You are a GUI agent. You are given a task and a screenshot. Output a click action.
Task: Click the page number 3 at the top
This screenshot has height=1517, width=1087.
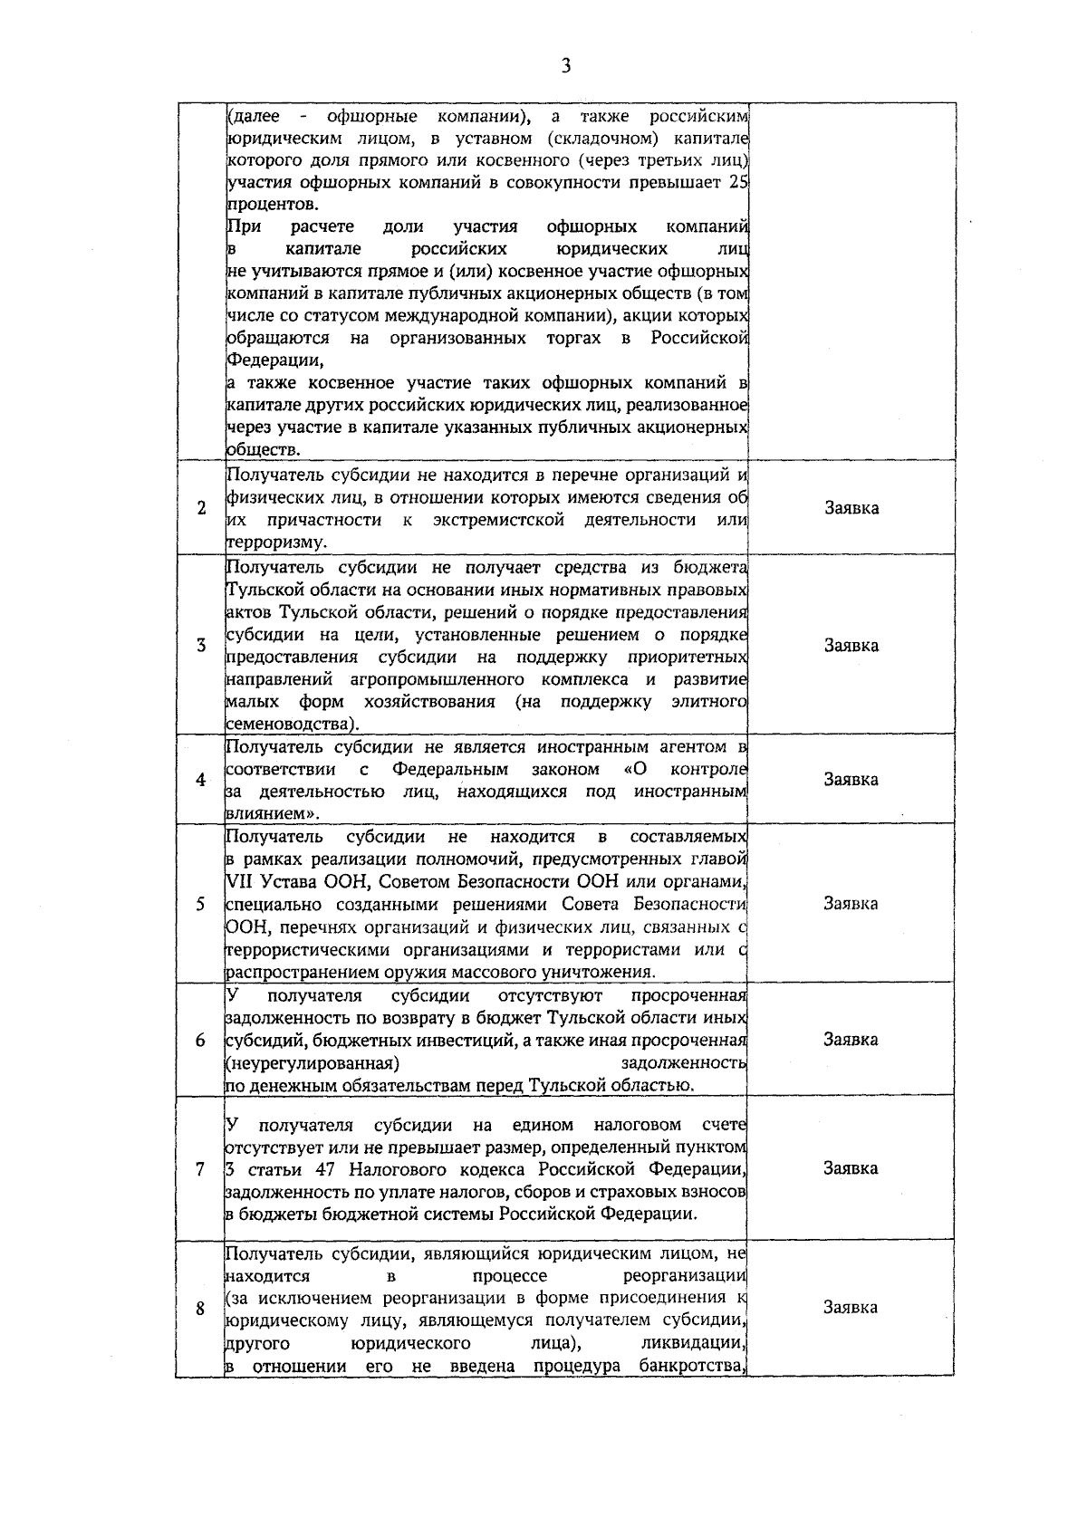pyautogui.click(x=566, y=65)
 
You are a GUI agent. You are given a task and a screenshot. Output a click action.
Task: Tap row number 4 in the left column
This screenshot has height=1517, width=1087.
pyautogui.click(x=201, y=780)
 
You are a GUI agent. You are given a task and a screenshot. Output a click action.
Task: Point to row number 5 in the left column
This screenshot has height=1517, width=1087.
pyautogui.click(x=201, y=904)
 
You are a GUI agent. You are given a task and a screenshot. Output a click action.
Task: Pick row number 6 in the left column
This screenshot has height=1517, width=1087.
pyautogui.click(x=201, y=1040)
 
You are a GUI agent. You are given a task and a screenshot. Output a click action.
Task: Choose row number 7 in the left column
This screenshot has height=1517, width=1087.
pyautogui.click(x=201, y=1168)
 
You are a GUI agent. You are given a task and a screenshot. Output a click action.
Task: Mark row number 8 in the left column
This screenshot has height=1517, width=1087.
pyautogui.click(x=201, y=1308)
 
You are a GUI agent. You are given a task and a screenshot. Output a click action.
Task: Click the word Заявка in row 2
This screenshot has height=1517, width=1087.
pyautogui.click(x=851, y=508)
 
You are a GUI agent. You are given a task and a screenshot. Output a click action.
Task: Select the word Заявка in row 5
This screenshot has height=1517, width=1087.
pyautogui.click(x=851, y=904)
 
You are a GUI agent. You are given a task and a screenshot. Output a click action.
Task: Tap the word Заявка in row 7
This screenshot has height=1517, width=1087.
pyautogui.click(x=851, y=1168)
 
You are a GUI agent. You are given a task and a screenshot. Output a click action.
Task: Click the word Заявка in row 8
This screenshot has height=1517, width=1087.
pyautogui.click(x=851, y=1308)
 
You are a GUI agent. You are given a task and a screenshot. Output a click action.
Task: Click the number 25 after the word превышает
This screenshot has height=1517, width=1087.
pyautogui.click(x=737, y=182)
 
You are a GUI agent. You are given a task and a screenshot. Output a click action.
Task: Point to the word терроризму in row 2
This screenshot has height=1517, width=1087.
pyautogui.click(x=272, y=542)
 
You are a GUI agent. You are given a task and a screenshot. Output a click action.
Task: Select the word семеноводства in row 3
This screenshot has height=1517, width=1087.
pyautogui.click(x=288, y=725)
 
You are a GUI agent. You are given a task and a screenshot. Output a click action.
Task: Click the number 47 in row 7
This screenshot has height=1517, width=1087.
pyautogui.click(x=332, y=1169)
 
